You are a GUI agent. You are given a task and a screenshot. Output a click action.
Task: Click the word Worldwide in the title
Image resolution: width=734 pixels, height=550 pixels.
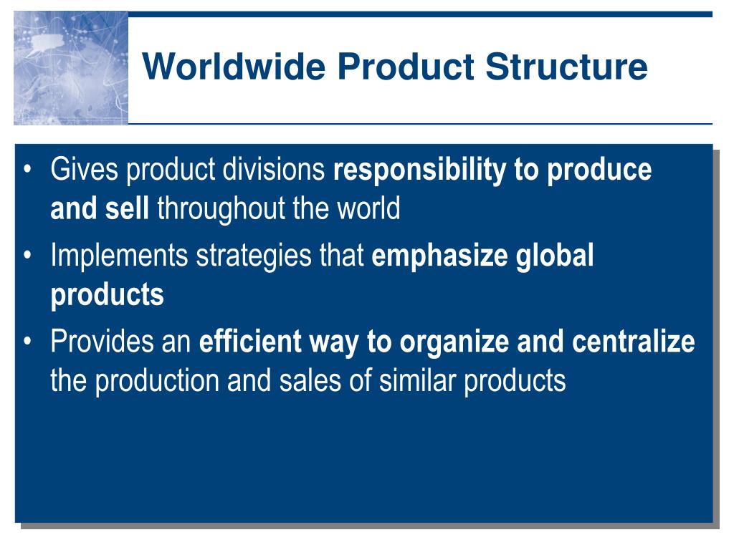(x=234, y=66)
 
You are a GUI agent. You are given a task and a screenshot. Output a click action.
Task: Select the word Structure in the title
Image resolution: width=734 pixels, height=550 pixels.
(x=566, y=66)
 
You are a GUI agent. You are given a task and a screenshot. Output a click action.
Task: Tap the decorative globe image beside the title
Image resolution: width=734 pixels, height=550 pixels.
(x=71, y=68)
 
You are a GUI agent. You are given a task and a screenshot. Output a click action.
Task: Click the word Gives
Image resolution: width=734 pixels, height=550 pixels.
(x=85, y=169)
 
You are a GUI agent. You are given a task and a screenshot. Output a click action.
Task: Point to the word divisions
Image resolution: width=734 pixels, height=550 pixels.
(x=274, y=169)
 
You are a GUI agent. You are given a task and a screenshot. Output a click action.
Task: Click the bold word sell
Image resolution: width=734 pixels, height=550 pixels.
(x=127, y=208)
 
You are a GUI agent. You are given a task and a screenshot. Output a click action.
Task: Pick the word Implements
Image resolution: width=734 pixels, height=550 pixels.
(x=119, y=256)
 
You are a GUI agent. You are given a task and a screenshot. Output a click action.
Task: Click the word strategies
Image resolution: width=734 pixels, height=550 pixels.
(x=254, y=256)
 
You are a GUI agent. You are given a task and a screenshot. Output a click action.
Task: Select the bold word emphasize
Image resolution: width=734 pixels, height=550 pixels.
(x=439, y=256)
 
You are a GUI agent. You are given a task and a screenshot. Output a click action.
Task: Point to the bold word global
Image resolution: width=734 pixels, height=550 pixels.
(x=555, y=256)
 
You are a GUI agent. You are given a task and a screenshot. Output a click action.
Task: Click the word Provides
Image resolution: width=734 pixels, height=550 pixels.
(x=102, y=342)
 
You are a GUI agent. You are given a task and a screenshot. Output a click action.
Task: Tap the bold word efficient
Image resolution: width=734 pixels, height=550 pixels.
(x=250, y=342)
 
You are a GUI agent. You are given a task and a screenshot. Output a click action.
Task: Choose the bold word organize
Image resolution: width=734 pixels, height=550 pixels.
(x=454, y=342)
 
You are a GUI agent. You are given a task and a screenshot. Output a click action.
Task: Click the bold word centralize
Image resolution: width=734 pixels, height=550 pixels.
(x=634, y=342)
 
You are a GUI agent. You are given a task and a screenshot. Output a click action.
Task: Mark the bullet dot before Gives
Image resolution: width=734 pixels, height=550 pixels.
(x=28, y=169)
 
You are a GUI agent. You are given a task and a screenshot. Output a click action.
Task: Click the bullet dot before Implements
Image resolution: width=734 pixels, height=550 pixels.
(x=28, y=256)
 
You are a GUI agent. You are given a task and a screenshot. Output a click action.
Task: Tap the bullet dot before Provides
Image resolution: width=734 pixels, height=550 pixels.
(x=28, y=342)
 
